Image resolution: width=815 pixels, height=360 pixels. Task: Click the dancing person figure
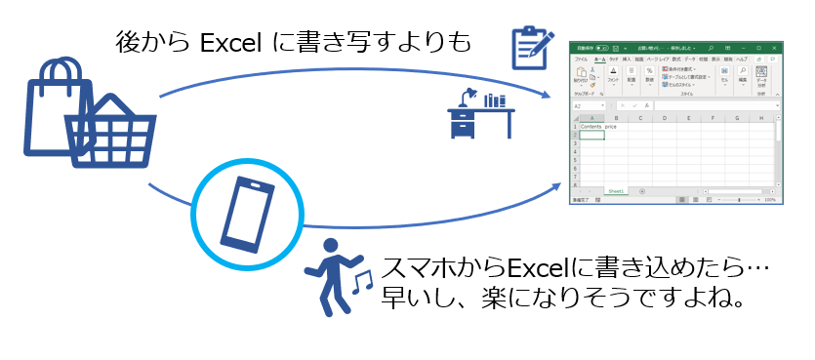click(335, 276)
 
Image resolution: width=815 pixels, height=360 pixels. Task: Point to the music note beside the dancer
click(363, 282)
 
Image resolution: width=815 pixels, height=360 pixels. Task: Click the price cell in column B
click(612, 127)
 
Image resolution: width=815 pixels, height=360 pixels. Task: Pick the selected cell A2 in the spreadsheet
click(591, 135)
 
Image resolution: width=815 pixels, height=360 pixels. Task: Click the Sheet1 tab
click(616, 191)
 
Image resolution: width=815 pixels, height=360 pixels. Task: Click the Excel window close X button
click(776, 46)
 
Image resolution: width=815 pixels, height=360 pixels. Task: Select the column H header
click(761, 118)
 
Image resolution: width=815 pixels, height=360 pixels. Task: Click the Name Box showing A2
click(586, 106)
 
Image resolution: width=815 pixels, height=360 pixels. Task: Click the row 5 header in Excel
click(575, 159)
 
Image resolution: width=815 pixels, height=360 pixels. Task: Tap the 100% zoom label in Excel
click(770, 200)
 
